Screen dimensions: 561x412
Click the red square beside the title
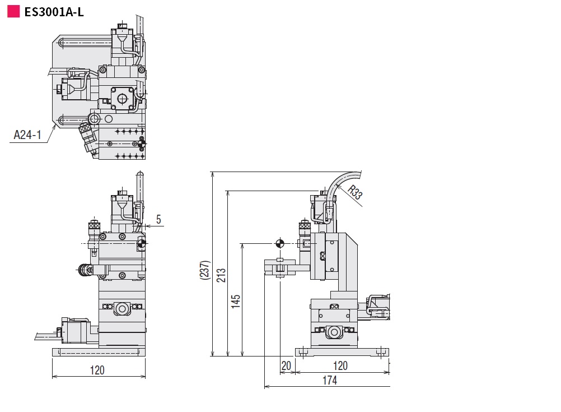13,11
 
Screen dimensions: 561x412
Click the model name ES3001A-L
54,12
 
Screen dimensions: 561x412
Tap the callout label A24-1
27,135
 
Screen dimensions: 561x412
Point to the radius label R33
354,192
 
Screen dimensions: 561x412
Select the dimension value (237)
205,270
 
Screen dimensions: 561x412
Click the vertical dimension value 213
221,275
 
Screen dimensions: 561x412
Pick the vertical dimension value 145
235,302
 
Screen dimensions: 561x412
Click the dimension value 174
330,380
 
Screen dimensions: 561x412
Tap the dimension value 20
286,366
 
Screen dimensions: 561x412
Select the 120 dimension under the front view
97,370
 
